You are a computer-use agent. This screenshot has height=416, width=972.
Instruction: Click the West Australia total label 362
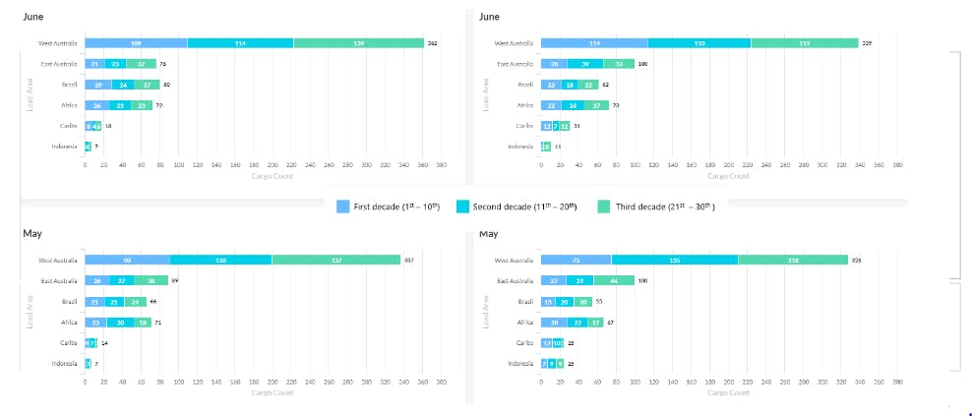click(x=431, y=43)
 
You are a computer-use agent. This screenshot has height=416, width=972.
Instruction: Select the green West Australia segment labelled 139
click(x=358, y=43)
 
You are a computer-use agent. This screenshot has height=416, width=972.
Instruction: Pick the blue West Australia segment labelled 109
click(x=136, y=43)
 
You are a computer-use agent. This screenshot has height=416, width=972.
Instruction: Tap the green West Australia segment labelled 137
click(x=336, y=260)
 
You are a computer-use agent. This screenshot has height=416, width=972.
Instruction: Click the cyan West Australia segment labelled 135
click(x=675, y=260)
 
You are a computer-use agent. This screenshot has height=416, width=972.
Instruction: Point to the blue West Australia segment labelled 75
click(x=576, y=260)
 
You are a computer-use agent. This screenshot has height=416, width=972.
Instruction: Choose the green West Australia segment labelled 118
click(x=793, y=260)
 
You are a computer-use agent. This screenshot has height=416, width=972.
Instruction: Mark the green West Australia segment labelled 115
click(x=805, y=43)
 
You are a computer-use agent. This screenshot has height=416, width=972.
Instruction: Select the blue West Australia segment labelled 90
click(x=127, y=260)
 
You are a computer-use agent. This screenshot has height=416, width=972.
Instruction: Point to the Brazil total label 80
click(x=167, y=85)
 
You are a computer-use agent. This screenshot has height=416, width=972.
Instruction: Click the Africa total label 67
click(x=611, y=322)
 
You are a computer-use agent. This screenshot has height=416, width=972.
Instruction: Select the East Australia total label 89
click(x=174, y=280)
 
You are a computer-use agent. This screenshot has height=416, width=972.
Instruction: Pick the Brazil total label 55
click(x=599, y=301)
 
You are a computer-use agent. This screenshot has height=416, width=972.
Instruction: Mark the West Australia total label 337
click(x=408, y=260)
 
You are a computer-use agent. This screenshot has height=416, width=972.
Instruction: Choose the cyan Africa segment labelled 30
click(x=120, y=322)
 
